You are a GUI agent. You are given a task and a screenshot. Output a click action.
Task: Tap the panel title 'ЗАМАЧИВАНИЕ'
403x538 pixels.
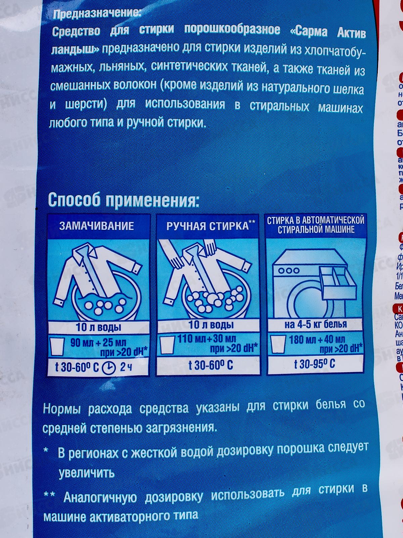tap(96, 225)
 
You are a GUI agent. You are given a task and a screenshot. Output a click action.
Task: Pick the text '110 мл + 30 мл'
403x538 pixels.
tap(207, 339)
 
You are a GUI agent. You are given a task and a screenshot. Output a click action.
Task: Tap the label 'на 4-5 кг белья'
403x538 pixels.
tap(315, 324)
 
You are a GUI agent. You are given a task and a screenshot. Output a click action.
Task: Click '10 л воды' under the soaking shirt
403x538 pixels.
tap(98, 327)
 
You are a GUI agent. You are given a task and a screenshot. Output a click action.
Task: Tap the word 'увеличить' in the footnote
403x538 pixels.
tap(87, 473)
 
